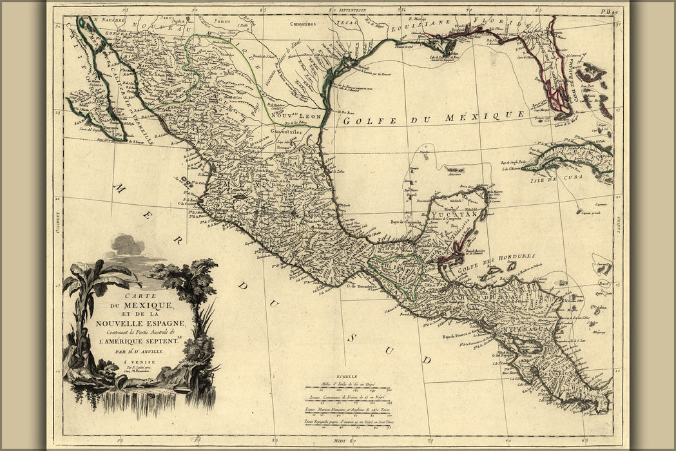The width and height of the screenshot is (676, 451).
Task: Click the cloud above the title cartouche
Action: tap(127, 245)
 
